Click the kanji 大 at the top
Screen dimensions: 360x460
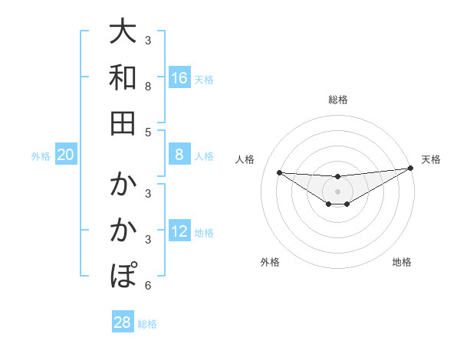click(123, 32)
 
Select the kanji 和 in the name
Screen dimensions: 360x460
click(123, 77)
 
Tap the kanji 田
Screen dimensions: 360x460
click(123, 122)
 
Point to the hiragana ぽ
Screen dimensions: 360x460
click(123, 273)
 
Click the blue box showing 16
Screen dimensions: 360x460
click(179, 77)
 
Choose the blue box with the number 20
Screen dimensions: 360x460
click(66, 155)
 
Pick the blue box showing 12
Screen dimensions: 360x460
click(179, 231)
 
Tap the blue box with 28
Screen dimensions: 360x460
click(123, 322)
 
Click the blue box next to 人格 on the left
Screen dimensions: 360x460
click(179, 155)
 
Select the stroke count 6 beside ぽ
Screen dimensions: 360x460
click(148, 286)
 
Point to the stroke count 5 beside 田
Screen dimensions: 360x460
click(148, 133)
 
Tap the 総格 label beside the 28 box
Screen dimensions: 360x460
click(147, 324)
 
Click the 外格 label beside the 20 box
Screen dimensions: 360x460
click(41, 156)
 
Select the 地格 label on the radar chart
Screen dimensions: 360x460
click(402, 263)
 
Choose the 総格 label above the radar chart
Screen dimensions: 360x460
click(337, 100)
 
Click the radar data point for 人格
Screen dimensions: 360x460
click(279, 172)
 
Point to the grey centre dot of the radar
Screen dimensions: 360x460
click(337, 191)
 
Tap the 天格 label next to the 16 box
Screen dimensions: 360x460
click(204, 79)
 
